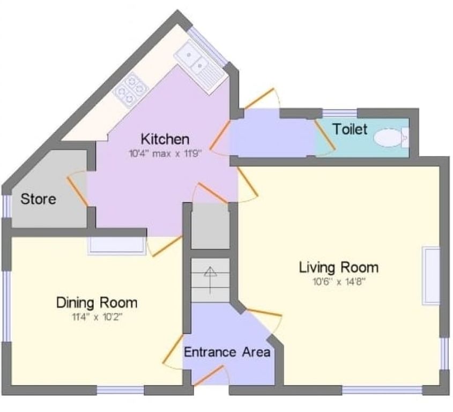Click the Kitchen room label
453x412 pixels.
pyautogui.click(x=165, y=139)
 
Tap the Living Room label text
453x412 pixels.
pyautogui.click(x=339, y=267)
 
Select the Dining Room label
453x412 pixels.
pyautogui.click(x=96, y=303)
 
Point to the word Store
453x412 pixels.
pyautogui.click(x=38, y=199)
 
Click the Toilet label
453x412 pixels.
pyautogui.click(x=350, y=129)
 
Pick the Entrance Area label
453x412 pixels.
pyautogui.click(x=227, y=352)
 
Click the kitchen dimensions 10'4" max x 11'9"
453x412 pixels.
pyautogui.click(x=165, y=153)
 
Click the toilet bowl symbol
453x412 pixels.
pyautogui.click(x=389, y=138)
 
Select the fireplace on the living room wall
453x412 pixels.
pyautogui.click(x=430, y=275)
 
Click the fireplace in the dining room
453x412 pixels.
pyautogui.click(x=116, y=245)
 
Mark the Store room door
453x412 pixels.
pyautogui.click(x=77, y=188)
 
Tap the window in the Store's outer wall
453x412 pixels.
pyautogui.click(x=5, y=205)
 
